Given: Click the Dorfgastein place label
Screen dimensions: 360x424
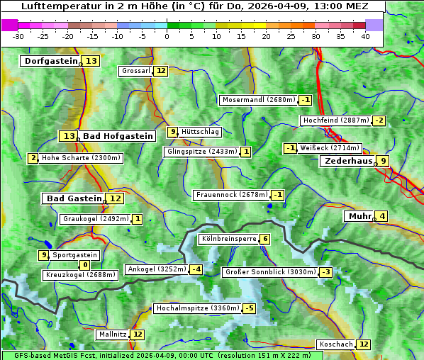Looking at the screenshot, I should click(50, 61).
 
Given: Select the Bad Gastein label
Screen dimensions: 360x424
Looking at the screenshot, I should click(74, 198).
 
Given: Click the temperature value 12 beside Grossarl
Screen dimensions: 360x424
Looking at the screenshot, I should click(161, 71).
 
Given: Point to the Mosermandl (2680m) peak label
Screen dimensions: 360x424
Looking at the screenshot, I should click(258, 100).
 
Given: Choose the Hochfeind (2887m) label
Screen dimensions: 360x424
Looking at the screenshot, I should click(335, 120).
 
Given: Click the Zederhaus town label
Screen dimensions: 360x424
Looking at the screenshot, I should click(347, 162).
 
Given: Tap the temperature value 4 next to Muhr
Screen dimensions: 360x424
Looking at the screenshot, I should click(382, 216).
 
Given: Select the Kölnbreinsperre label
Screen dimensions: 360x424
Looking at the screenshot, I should click(228, 239).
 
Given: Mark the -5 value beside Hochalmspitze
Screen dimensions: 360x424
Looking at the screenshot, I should click(249, 308).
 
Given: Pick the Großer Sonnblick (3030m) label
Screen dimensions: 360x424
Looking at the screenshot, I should click(269, 272).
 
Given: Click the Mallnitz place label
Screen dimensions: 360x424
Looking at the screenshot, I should click(113, 334).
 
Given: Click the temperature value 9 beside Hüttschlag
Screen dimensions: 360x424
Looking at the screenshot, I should click(172, 132).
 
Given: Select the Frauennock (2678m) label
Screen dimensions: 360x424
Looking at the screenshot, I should click(231, 195).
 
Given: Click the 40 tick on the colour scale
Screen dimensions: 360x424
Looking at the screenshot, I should click(365, 36).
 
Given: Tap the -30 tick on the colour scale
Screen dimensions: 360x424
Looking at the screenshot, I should click(18, 36).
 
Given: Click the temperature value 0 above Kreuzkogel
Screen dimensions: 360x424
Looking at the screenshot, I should click(85, 265).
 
